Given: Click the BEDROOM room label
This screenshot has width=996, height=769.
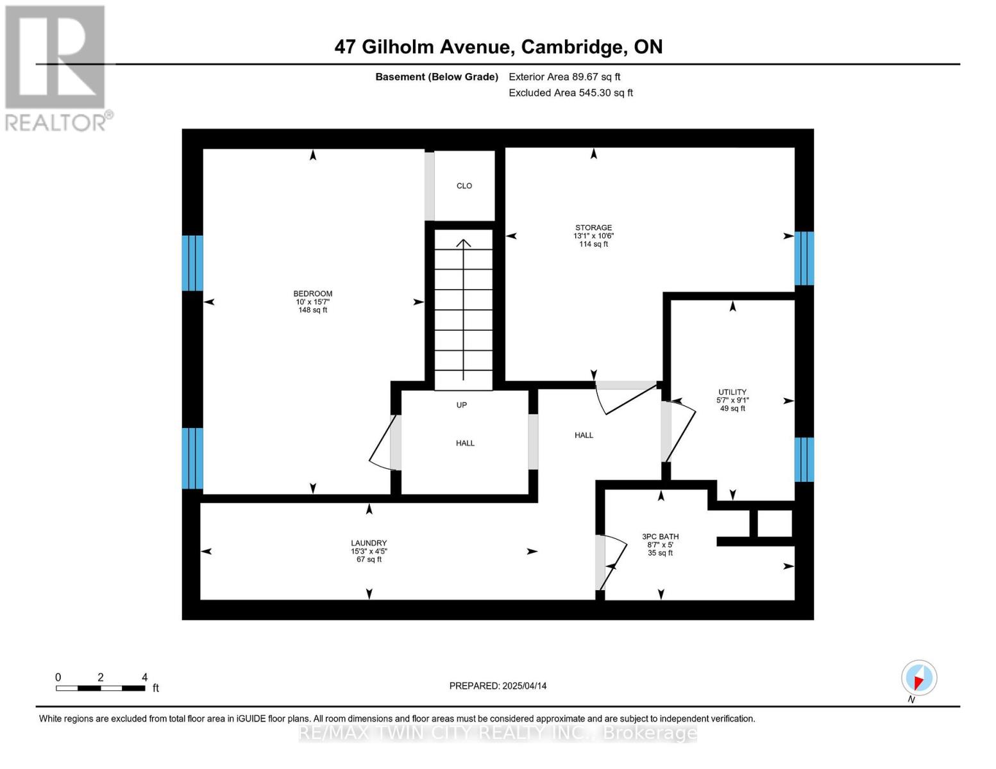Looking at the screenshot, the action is (312, 294).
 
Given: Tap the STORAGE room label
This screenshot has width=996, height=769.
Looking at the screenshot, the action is (594, 227).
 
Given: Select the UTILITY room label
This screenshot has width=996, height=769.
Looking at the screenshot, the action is (732, 392).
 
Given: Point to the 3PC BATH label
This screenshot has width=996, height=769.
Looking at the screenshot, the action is (660, 536).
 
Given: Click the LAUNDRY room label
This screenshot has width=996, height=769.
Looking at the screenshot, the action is (369, 543).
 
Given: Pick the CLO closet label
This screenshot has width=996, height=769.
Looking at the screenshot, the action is (464, 185).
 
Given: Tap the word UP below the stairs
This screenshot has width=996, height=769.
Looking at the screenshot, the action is (462, 405).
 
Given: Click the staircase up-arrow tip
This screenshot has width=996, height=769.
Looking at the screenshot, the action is (464, 240).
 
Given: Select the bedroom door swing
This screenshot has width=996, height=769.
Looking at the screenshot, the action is (380, 443).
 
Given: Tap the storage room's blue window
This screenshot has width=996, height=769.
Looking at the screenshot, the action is (804, 258).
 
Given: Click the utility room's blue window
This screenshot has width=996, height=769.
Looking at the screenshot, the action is (804, 459).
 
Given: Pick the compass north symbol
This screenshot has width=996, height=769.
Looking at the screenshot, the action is (918, 678).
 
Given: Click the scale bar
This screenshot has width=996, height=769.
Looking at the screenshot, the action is (101, 688).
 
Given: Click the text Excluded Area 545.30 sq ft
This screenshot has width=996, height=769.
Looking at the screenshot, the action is (571, 92).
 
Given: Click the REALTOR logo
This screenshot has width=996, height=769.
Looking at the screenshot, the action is (56, 69).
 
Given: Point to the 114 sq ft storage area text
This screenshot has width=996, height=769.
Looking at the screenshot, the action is (594, 244).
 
